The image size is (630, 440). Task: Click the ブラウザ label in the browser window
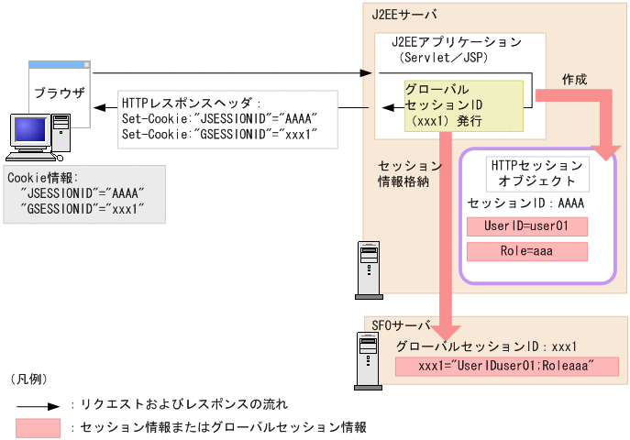click(59, 93)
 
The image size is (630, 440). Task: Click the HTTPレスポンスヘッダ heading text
click(192, 104)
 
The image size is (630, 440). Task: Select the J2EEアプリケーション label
click(456, 42)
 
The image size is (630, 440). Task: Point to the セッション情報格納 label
click(410, 173)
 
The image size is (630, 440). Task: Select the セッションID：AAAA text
click(525, 203)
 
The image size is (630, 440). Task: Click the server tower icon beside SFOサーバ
click(369, 355)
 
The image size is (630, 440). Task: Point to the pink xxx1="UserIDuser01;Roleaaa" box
click(506, 367)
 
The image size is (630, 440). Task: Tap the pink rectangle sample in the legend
click(38, 427)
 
